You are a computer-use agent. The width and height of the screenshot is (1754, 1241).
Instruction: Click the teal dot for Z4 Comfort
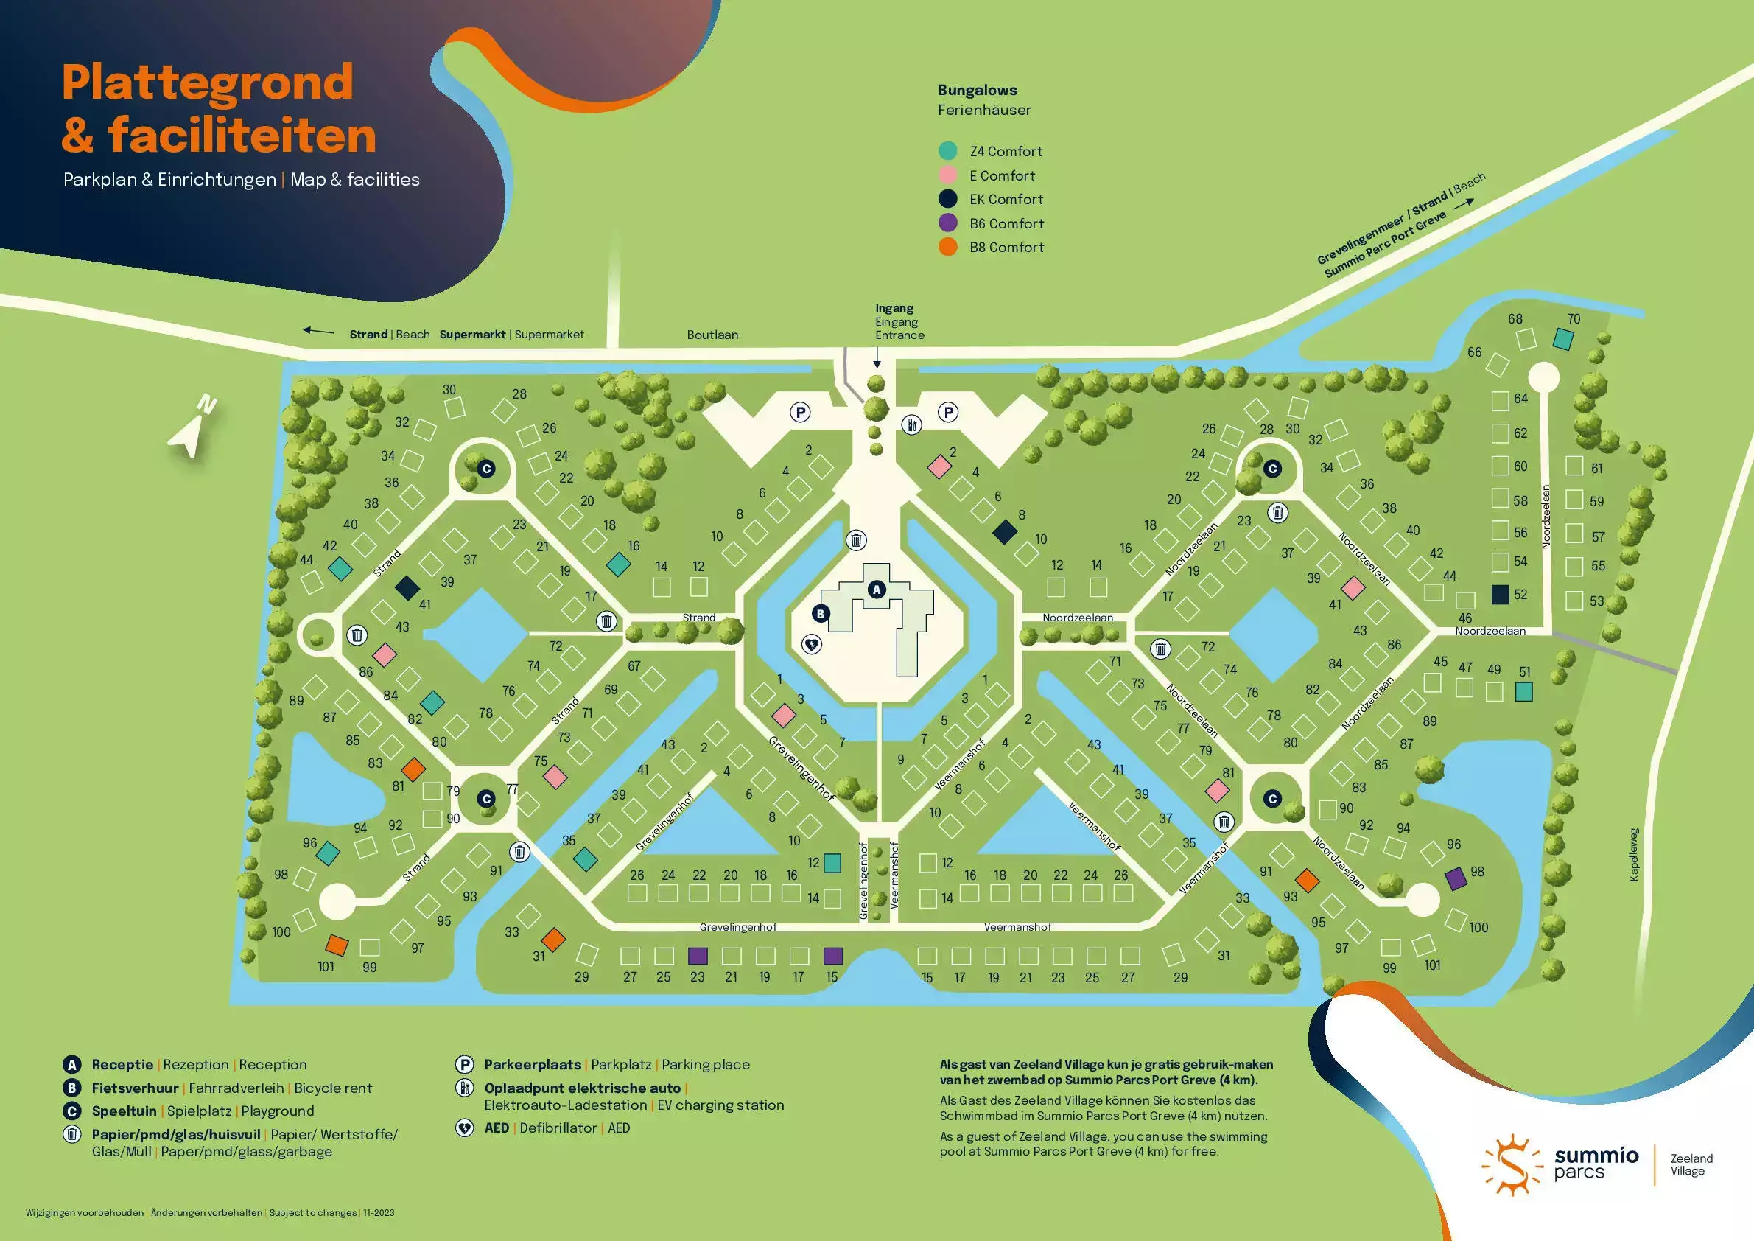(947, 151)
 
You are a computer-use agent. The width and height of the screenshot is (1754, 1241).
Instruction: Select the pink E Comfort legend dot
(947, 175)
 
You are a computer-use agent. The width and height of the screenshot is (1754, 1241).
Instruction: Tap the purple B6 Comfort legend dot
(947, 223)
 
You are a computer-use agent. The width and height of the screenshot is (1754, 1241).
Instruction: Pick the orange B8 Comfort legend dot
(947, 247)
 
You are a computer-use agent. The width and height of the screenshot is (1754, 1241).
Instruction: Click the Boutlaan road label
(712, 335)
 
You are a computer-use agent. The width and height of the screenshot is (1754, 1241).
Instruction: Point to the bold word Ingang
(894, 308)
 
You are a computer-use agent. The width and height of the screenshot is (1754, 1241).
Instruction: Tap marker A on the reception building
(876, 589)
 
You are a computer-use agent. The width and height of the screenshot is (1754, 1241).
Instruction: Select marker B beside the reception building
(821, 613)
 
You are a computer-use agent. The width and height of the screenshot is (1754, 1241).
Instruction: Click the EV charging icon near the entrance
(911, 424)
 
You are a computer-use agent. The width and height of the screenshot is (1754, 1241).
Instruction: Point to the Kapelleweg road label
(1634, 854)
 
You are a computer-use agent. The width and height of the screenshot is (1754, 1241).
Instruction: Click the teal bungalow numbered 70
(1563, 338)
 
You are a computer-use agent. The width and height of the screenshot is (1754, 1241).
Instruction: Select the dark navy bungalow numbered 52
(1501, 595)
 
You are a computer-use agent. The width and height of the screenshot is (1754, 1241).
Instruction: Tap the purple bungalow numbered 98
(1456, 878)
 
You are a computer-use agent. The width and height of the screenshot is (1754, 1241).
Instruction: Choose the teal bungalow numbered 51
(1523, 691)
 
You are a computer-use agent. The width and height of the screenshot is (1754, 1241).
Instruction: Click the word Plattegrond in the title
(207, 83)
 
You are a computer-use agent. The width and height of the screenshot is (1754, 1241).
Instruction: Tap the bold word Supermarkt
(472, 335)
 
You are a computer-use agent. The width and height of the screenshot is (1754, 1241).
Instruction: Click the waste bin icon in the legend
(71, 1134)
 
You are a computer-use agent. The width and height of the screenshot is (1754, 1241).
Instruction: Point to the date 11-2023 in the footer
(379, 1213)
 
